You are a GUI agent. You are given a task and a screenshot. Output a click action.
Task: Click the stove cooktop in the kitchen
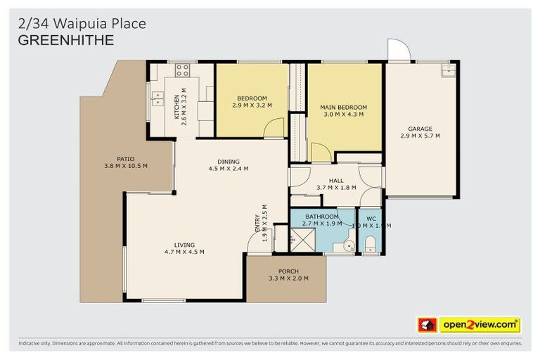point(182,70)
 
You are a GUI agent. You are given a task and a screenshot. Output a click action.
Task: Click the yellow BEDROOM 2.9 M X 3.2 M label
point(252,98)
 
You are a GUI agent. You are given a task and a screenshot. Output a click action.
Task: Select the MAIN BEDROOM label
point(344,107)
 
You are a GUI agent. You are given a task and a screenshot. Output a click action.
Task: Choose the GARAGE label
point(420,129)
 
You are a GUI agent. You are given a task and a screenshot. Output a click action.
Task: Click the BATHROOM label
point(322,217)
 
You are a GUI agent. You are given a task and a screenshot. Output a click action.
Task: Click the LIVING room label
point(184,245)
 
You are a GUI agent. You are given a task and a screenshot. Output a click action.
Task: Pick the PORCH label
point(288,271)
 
